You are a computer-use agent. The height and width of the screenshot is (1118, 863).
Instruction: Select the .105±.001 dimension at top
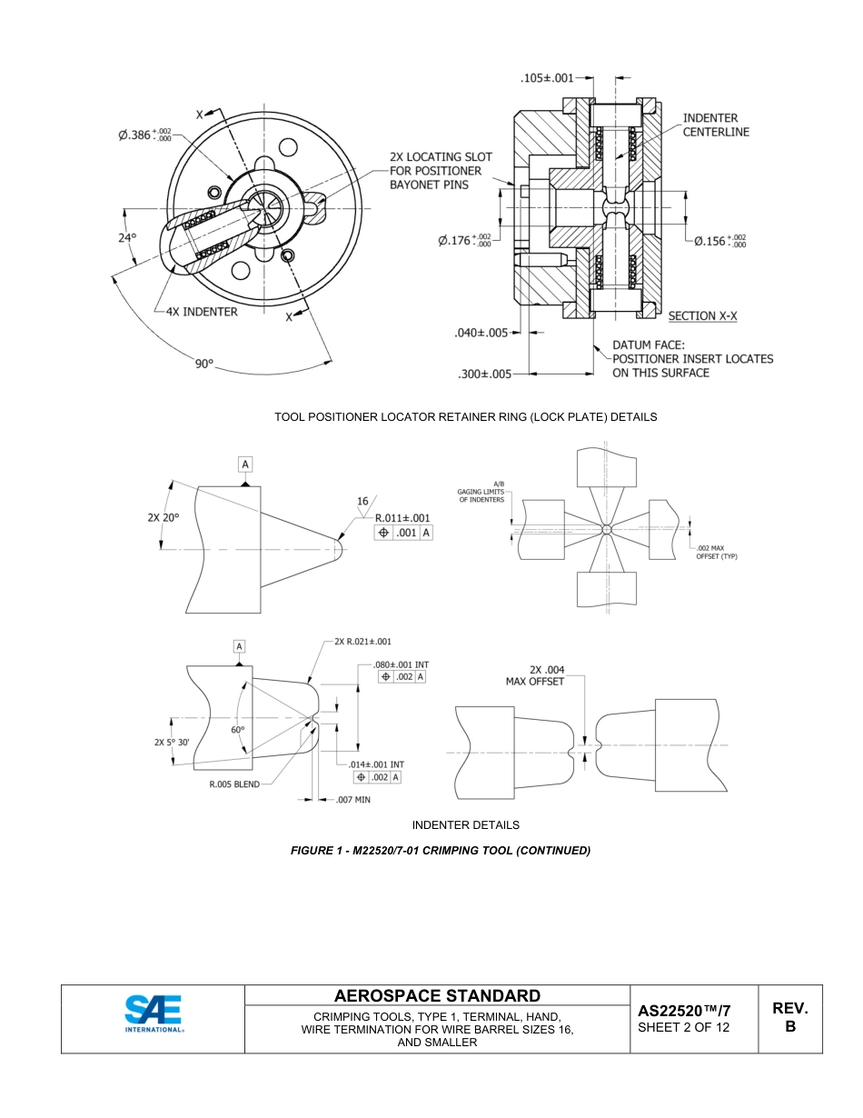(547, 78)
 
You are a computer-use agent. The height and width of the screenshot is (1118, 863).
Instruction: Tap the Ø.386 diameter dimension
(144, 135)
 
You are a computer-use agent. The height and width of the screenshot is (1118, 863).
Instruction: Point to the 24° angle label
(127, 238)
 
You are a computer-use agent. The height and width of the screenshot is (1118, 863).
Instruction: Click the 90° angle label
(203, 364)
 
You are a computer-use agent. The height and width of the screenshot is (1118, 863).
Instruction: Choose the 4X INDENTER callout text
(201, 312)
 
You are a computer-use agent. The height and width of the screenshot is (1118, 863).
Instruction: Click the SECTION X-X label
(702, 316)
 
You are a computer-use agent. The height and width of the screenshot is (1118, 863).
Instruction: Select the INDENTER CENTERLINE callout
(716, 125)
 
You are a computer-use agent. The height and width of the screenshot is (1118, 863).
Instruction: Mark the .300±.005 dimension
(484, 374)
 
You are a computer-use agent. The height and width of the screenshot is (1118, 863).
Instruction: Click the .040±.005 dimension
(481, 333)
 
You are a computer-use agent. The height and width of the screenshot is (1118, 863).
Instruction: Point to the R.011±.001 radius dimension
(402, 518)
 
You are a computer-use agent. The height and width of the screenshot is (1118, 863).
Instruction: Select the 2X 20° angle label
(164, 517)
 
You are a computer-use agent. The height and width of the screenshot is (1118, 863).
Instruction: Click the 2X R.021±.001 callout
(362, 642)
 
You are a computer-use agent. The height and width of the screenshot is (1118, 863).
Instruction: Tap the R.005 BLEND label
(234, 784)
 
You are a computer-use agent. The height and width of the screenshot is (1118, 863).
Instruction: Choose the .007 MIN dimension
(352, 800)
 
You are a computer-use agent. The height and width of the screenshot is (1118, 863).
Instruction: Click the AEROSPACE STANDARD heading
(437, 996)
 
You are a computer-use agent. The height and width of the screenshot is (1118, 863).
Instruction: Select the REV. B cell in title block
(789, 1017)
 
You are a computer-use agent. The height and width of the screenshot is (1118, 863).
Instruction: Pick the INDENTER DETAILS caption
(465, 825)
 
